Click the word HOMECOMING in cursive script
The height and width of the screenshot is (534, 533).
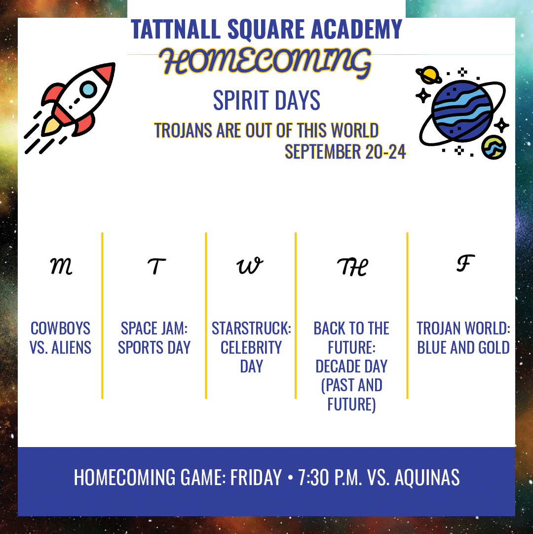[266, 62]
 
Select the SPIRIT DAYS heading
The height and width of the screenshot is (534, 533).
[266, 100]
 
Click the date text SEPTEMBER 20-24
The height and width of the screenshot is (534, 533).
[345, 152]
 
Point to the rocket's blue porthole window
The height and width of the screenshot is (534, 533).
[88, 89]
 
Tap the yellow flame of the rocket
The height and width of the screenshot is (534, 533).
[51, 126]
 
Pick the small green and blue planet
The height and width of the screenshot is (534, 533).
[494, 147]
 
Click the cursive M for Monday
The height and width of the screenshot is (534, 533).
[61, 266]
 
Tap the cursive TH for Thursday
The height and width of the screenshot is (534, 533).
[352, 267]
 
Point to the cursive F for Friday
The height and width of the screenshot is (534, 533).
[465, 263]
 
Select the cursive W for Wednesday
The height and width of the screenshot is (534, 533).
[250, 265]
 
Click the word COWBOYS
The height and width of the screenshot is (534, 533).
[61, 329]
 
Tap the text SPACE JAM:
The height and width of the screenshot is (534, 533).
[154, 329]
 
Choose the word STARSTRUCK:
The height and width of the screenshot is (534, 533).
[251, 329]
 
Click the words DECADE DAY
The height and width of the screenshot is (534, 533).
[351, 367]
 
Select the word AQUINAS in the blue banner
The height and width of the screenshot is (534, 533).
[427, 477]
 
